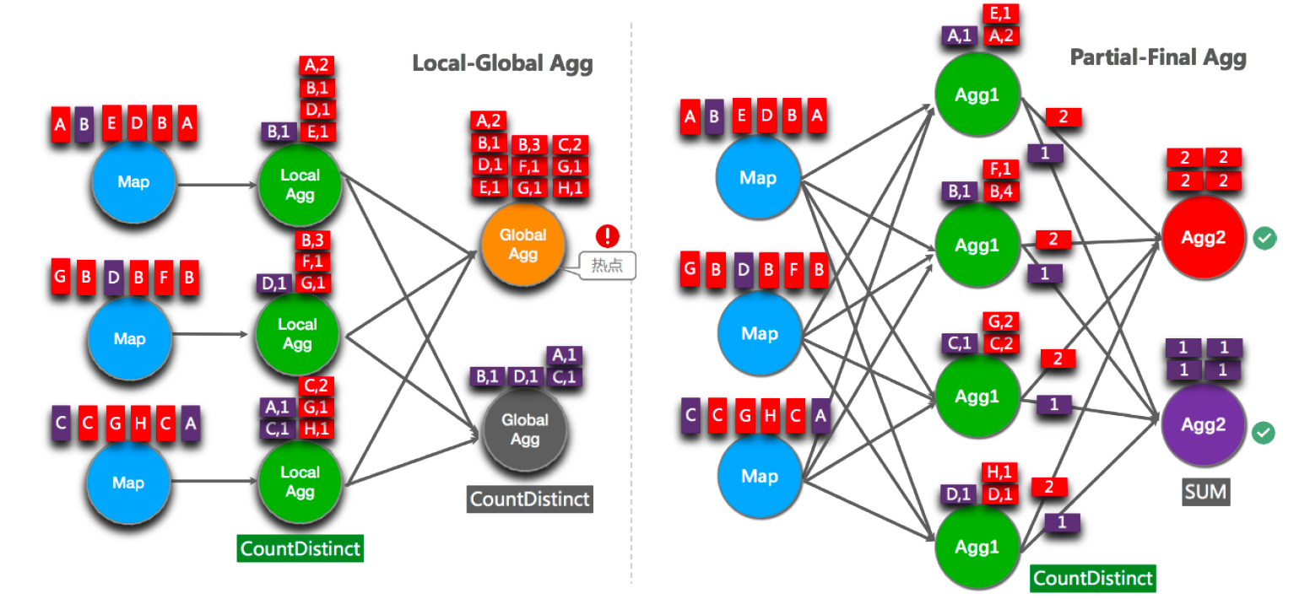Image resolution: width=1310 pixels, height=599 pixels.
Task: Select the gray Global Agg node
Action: pyautogui.click(x=524, y=429)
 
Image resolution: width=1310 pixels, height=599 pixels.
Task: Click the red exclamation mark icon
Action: pyautogui.click(x=606, y=235)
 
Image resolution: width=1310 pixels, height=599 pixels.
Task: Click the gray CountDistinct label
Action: pyautogui.click(x=530, y=498)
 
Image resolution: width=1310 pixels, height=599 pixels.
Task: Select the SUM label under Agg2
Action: pyautogui.click(x=1204, y=491)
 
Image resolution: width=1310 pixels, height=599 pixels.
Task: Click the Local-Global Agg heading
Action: pyautogui.click(x=502, y=63)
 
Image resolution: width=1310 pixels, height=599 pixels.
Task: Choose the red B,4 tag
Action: pyautogui.click(x=1001, y=191)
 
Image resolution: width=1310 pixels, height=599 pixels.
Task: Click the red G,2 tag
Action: pyautogui.click(x=1001, y=321)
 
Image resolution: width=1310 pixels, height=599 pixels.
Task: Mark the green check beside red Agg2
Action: pyautogui.click(x=1264, y=238)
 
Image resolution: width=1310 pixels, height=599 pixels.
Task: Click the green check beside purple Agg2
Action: pyautogui.click(x=1264, y=433)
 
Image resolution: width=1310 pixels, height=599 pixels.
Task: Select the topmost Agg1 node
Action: pyautogui.click(x=977, y=94)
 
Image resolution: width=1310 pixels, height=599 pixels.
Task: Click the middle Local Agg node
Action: pyautogui.click(x=297, y=334)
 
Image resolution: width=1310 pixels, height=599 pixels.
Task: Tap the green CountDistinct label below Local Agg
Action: pyautogui.click(x=300, y=549)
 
